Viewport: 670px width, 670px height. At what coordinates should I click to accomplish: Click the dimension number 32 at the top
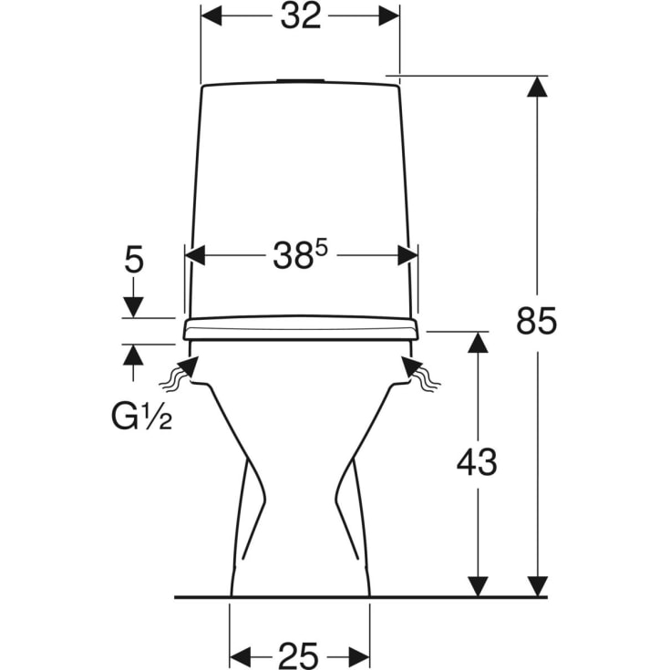pos(301,16)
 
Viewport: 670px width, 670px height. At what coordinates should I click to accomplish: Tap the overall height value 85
pos(536,321)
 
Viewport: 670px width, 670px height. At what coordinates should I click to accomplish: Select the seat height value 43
pos(477,462)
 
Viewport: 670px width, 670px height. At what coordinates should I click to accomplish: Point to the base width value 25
pos(298,655)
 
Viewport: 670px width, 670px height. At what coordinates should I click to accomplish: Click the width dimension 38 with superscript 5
pos(300,255)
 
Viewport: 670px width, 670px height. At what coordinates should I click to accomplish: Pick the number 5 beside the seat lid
pos(134,260)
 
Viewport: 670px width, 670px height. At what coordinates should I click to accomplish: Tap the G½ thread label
pos(141,416)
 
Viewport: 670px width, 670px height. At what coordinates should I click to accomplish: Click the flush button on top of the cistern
pos(300,80)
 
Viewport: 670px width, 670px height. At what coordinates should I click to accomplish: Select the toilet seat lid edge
pos(301,328)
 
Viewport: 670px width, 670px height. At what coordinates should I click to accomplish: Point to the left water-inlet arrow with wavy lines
pos(180,373)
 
